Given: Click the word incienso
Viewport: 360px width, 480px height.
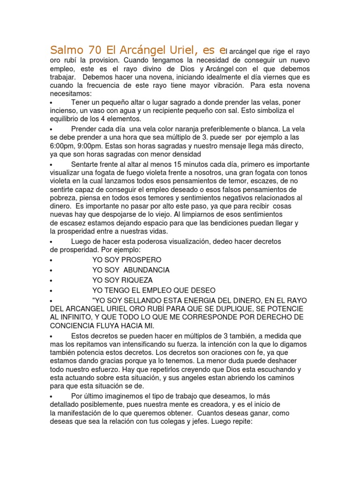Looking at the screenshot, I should pyautogui.click(x=64, y=111).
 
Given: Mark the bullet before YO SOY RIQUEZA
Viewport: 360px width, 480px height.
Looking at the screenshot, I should pyautogui.click(x=51, y=280).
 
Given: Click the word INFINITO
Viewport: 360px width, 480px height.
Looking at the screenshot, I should pyautogui.click(x=75, y=317).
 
